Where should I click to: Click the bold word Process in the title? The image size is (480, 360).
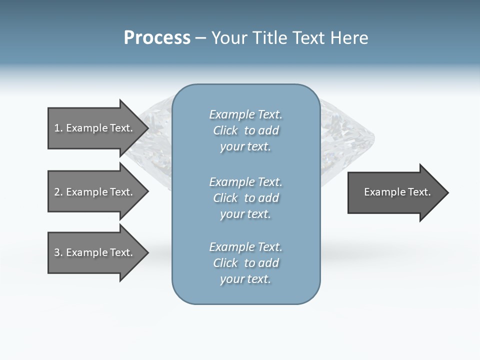(x=157, y=38)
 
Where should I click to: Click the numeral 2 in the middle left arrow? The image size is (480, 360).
(x=57, y=192)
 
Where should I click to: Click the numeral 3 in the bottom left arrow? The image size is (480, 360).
(x=57, y=252)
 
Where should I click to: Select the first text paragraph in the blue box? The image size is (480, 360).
(x=245, y=130)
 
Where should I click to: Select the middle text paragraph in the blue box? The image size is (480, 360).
(x=245, y=198)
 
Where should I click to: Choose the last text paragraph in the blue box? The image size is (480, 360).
(x=245, y=263)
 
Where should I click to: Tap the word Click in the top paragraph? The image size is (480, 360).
(x=225, y=130)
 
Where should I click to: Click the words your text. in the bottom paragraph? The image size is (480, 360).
(x=245, y=279)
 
